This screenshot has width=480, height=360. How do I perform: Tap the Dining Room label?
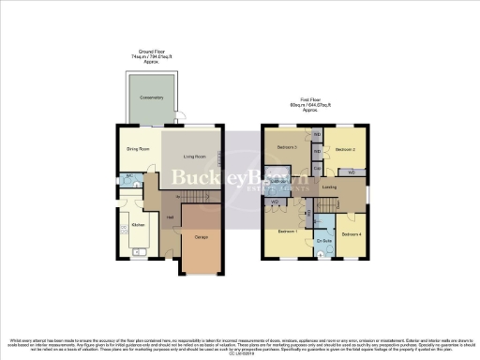point(138,148)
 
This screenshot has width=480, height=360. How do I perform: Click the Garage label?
point(202,237)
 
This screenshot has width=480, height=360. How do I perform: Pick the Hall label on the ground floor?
point(170,217)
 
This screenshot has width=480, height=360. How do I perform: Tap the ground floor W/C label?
point(127,176)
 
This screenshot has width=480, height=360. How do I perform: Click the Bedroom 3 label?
point(287,147)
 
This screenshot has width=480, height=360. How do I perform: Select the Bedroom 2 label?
point(345,149)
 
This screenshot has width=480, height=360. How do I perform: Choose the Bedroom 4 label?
point(351,232)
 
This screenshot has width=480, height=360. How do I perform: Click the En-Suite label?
point(323,242)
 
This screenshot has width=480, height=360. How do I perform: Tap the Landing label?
point(329,187)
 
